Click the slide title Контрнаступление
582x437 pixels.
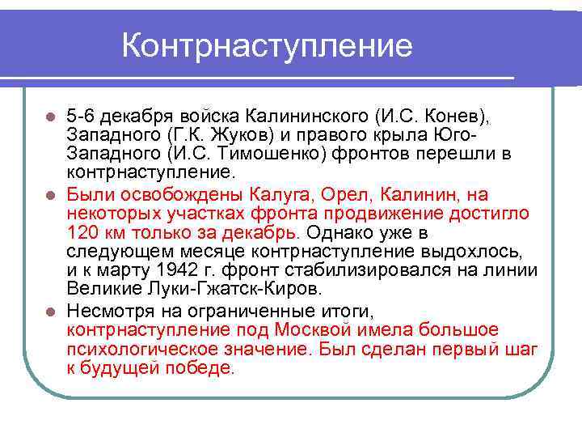267,46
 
